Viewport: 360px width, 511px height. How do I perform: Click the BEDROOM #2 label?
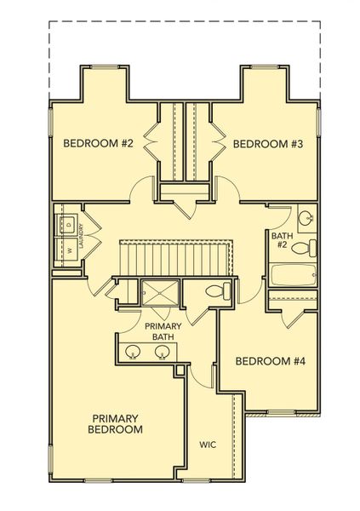point(99,143)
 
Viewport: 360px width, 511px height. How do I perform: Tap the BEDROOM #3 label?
point(269,143)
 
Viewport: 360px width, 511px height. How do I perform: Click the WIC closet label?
point(208,445)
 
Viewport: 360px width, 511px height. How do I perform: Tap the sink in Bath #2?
point(306,216)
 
